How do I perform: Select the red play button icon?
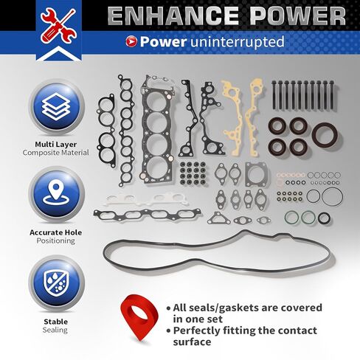tap(132, 41)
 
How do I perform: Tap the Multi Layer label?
tap(56, 144)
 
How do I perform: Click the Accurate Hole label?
tap(56, 232)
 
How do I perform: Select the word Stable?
tap(56, 321)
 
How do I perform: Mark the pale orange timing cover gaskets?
tap(244, 118)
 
